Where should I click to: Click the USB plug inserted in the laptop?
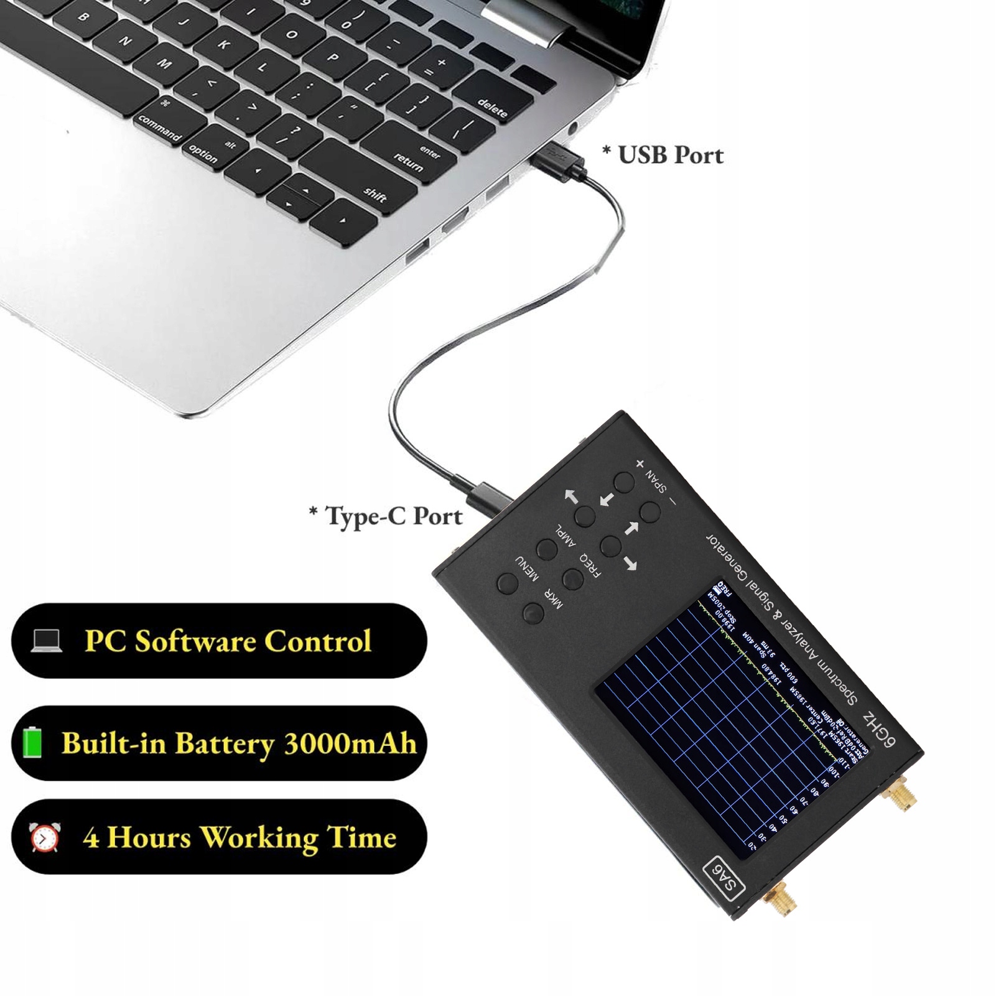(x=558, y=162)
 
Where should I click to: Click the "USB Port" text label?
(x=663, y=155)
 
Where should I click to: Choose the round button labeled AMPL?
(x=547, y=549)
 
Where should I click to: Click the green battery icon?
(x=33, y=743)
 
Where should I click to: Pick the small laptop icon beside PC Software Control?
(x=47, y=640)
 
